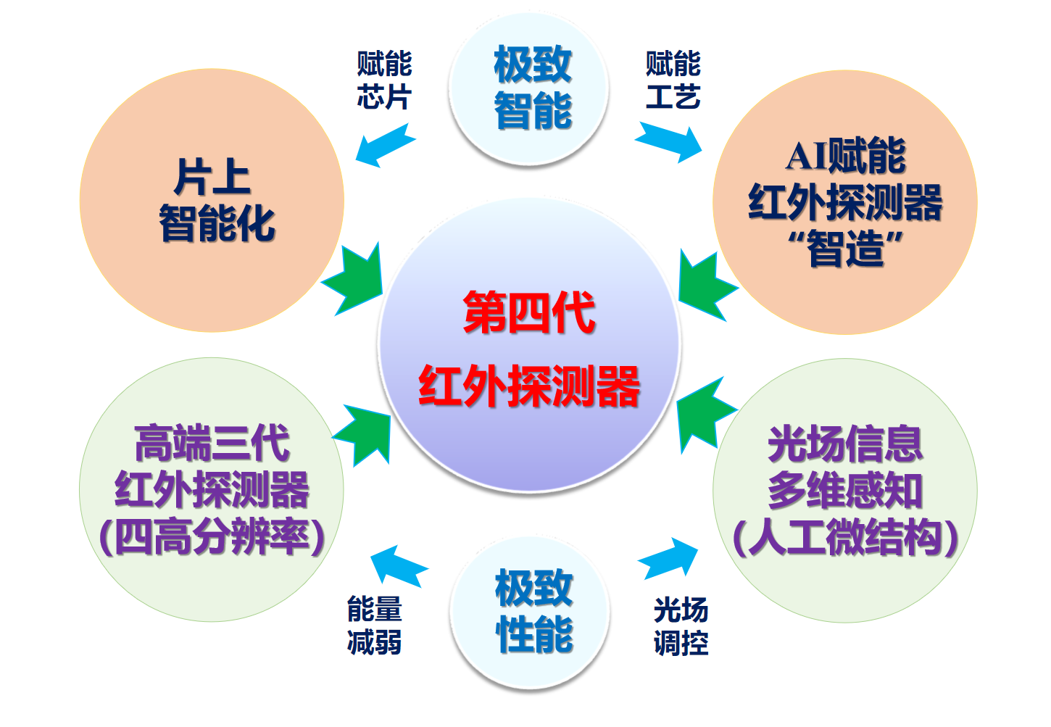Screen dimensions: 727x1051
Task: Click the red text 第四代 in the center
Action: [x=529, y=313]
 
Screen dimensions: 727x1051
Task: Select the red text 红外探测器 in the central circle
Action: [x=529, y=386]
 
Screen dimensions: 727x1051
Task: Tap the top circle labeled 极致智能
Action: [x=533, y=88]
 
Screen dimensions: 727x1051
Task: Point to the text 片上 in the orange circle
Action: [x=212, y=178]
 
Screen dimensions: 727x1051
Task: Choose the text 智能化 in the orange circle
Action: [x=217, y=223]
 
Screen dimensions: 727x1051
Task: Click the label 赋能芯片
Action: [x=384, y=80]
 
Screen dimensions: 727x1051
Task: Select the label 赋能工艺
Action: [x=673, y=80]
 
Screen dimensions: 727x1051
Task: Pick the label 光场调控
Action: [x=681, y=626]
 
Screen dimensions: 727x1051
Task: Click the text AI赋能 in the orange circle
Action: [x=845, y=156]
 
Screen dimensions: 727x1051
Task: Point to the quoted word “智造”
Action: [x=845, y=248]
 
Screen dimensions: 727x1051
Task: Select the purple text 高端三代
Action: [x=212, y=443]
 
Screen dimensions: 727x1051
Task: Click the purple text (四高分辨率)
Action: [x=212, y=537]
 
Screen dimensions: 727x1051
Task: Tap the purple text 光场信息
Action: [x=845, y=443]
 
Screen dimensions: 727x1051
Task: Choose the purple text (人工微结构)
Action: [x=845, y=537]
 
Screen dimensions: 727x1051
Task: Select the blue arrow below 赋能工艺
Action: [x=670, y=141]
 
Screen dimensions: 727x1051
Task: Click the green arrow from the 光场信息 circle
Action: [x=704, y=415]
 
